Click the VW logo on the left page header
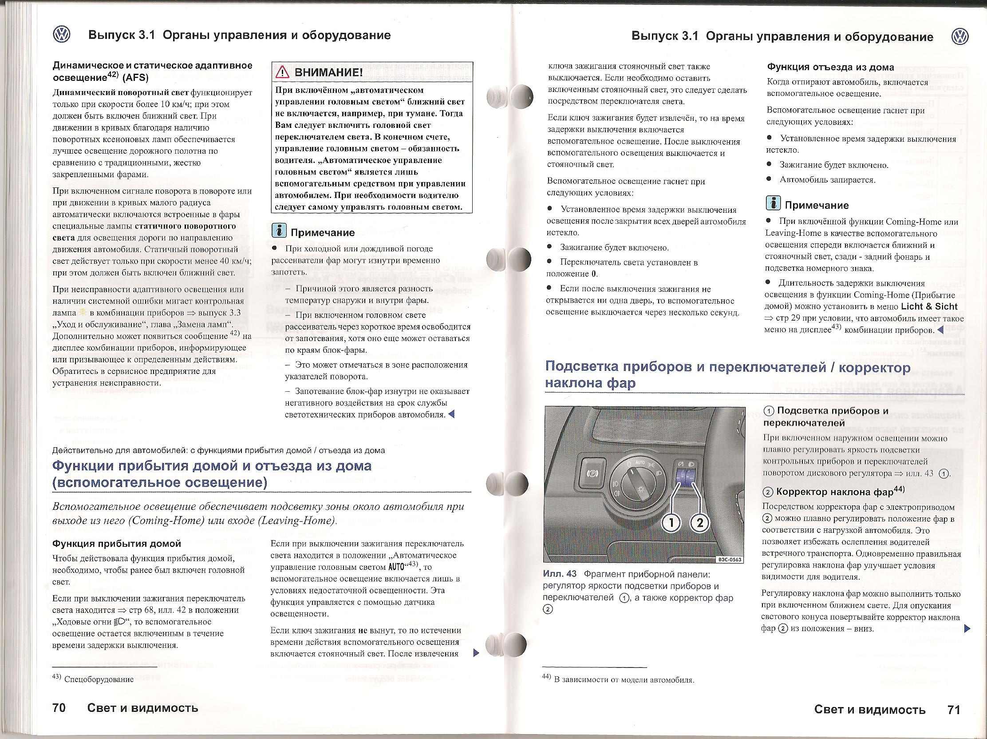(62, 34)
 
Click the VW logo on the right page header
(960, 36)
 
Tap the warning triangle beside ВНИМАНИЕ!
(282, 72)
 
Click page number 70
(59, 708)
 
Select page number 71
(954, 710)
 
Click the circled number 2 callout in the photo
(700, 522)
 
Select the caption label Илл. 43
(560, 574)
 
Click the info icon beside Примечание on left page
(279, 231)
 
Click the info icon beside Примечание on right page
(773, 203)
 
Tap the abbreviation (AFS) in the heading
(135, 77)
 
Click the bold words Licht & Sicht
(929, 306)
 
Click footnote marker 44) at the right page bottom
(547, 677)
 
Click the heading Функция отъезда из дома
(830, 68)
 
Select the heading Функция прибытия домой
(117, 544)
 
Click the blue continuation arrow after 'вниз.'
(967, 629)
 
